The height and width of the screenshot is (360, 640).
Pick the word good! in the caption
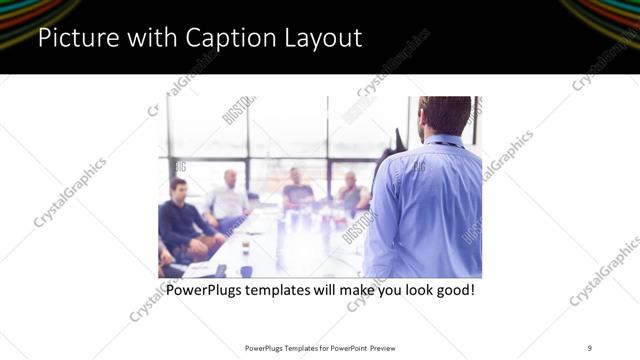coord(451,291)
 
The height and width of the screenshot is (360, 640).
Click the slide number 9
coord(590,347)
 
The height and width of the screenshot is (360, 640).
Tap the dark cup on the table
coord(246,270)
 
